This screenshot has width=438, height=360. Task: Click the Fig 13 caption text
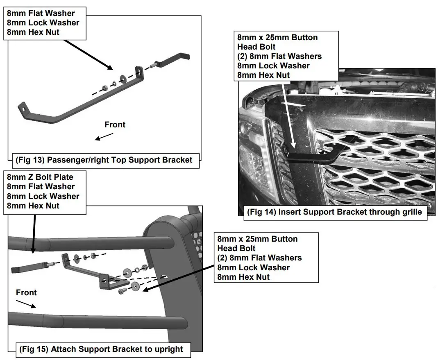click(104, 160)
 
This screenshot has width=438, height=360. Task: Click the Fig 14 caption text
click(335, 212)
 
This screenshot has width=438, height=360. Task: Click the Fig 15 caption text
click(101, 349)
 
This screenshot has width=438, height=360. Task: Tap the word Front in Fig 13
click(115, 125)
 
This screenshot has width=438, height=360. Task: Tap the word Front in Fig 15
click(26, 292)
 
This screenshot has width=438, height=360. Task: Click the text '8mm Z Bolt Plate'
click(40, 177)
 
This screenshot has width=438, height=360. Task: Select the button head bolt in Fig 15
click(121, 291)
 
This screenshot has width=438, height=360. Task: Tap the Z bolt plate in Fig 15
click(29, 269)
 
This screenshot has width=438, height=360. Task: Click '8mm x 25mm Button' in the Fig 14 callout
click(277, 37)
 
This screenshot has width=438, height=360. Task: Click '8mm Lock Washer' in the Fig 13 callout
click(43, 23)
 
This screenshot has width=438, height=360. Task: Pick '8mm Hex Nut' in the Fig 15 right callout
click(243, 277)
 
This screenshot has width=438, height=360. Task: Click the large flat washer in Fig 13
click(123, 78)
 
